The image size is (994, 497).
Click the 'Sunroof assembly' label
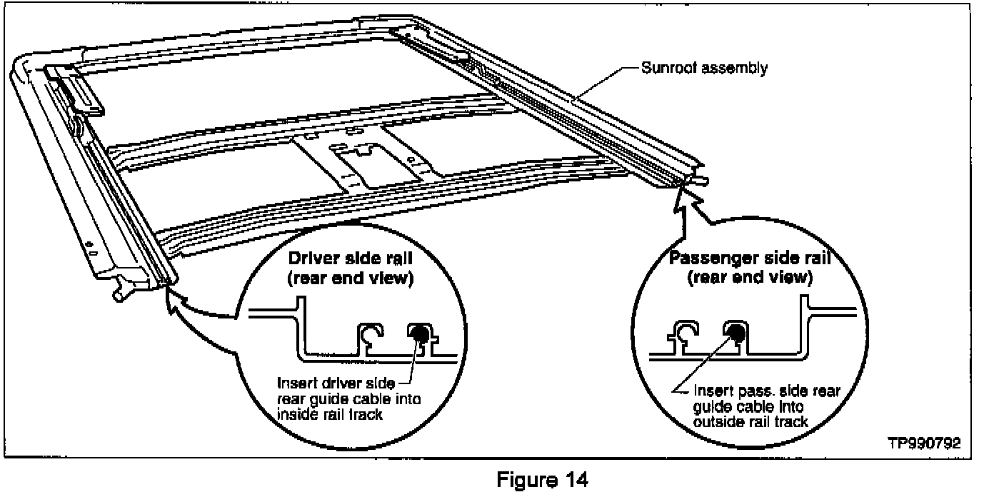(703, 69)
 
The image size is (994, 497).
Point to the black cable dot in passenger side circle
(734, 331)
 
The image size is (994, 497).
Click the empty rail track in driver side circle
(371, 332)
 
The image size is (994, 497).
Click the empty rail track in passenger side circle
(688, 331)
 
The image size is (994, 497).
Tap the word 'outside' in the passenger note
(714, 421)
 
